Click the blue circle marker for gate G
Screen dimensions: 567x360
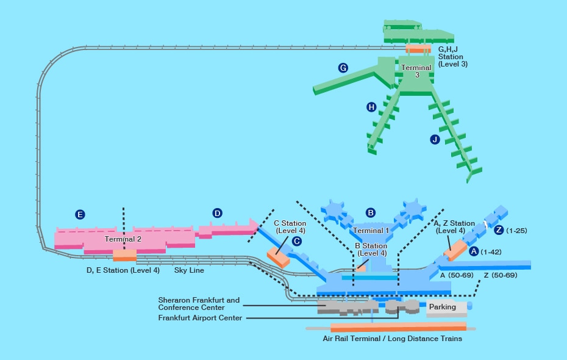[343, 68]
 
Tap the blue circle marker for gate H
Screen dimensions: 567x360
[371, 107]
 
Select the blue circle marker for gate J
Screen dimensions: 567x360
[435, 139]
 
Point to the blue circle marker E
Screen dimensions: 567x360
[80, 215]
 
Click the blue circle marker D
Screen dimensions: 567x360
[217, 213]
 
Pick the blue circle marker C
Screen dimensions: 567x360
[297, 241]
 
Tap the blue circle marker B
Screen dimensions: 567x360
[370, 213]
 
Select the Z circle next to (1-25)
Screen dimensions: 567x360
[499, 230]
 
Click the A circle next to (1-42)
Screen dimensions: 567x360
[474, 251]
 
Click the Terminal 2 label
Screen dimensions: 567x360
[123, 239]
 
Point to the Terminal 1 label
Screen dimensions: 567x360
[371, 231]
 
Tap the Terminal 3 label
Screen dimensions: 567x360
[416, 71]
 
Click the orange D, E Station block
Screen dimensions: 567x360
[125, 256]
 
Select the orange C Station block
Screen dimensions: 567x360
[279, 257]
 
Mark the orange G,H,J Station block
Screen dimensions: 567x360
[418, 49]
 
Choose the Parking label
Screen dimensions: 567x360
[442, 307]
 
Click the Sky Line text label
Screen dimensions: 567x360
[189, 270]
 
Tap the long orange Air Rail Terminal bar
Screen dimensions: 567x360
[399, 326]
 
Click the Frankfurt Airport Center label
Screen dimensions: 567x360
[201, 318]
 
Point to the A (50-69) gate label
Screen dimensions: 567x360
[457, 275]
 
